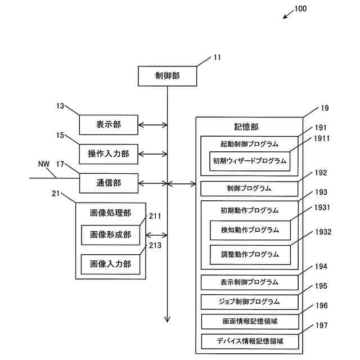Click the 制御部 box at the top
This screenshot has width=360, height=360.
click(167, 76)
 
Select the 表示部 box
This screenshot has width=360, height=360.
click(108, 124)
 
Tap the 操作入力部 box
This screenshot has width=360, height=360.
click(108, 153)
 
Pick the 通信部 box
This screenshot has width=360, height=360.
click(108, 182)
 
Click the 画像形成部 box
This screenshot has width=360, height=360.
click(110, 235)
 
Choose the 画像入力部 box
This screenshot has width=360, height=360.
click(110, 263)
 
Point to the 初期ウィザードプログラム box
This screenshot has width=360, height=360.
click(250, 161)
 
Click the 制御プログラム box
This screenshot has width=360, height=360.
click(249, 188)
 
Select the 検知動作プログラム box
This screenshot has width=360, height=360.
click(250, 230)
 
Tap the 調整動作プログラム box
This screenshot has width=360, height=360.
click(250, 254)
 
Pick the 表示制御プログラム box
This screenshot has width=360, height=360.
click(249, 282)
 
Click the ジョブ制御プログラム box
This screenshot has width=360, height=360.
click(249, 301)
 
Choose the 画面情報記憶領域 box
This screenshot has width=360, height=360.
click(249, 321)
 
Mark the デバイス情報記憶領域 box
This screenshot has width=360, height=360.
click(249, 341)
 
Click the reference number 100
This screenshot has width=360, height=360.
click(300, 8)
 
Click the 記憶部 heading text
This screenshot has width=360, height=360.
click(246, 127)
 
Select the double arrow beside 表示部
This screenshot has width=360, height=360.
click(152, 124)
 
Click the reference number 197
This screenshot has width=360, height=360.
click(321, 325)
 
